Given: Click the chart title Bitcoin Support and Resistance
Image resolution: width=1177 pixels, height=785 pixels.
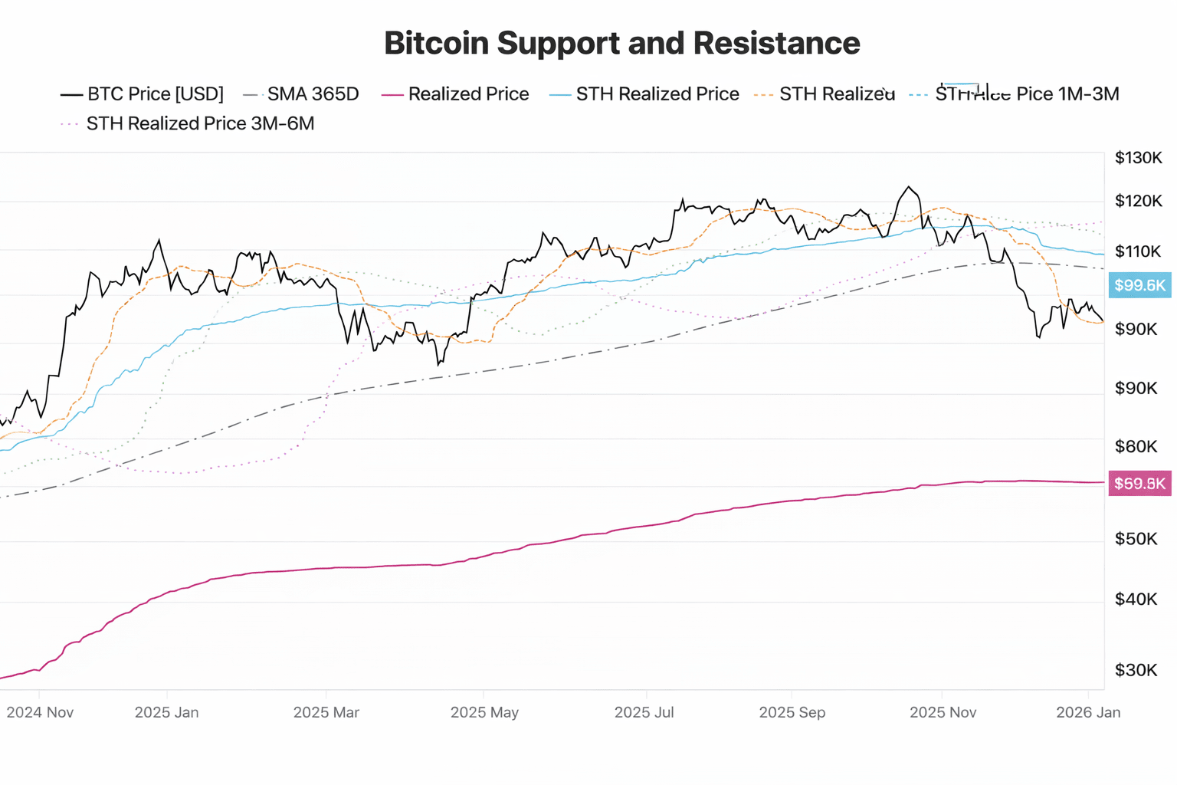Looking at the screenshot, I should pyautogui.click(x=621, y=43).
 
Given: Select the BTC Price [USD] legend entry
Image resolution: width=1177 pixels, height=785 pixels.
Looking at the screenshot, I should pyautogui.click(x=143, y=94).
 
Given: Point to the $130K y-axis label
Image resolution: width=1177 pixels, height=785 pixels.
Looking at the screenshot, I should pyautogui.click(x=1138, y=158).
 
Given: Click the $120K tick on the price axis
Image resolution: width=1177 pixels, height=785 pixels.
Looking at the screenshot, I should pyautogui.click(x=1138, y=202).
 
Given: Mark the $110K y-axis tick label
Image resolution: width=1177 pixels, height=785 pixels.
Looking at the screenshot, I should pyautogui.click(x=1138, y=251).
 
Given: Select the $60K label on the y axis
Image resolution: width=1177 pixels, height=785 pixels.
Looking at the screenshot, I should pyautogui.click(x=1136, y=446).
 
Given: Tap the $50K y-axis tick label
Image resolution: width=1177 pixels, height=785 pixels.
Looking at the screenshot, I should pyautogui.click(x=1136, y=539).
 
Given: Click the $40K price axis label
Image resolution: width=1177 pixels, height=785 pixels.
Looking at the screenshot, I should pyautogui.click(x=1136, y=599).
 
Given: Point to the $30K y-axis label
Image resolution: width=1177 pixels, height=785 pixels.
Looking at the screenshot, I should pyautogui.click(x=1136, y=670).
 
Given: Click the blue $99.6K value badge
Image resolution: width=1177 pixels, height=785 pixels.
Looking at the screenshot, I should pyautogui.click(x=1139, y=285).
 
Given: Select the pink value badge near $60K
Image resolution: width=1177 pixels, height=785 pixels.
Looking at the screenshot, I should pyautogui.click(x=1139, y=484).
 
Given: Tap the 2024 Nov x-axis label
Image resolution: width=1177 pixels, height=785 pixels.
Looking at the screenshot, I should pyautogui.click(x=40, y=712).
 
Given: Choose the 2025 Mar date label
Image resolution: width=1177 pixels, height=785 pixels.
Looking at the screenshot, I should pyautogui.click(x=326, y=712).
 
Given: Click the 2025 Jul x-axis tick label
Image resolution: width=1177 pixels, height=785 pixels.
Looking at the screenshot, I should pyautogui.click(x=644, y=712).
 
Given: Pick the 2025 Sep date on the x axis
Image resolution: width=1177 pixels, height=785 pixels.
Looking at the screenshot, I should pyautogui.click(x=792, y=712).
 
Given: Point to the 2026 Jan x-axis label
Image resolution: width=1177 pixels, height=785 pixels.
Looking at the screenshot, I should pyautogui.click(x=1087, y=712).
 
